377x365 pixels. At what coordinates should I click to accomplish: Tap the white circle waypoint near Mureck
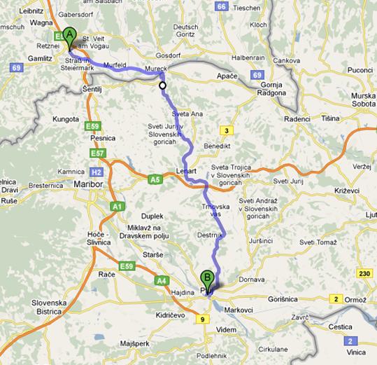pos(163,86)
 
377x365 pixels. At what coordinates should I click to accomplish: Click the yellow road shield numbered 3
pos(226,130)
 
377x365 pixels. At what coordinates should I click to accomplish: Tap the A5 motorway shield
pos(155,179)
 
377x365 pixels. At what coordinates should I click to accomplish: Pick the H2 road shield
pos(97,172)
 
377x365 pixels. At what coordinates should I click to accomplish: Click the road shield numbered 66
pos(222,6)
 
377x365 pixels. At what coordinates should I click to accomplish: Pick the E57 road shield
pos(97,153)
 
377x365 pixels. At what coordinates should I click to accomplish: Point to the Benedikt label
pos(216,146)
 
